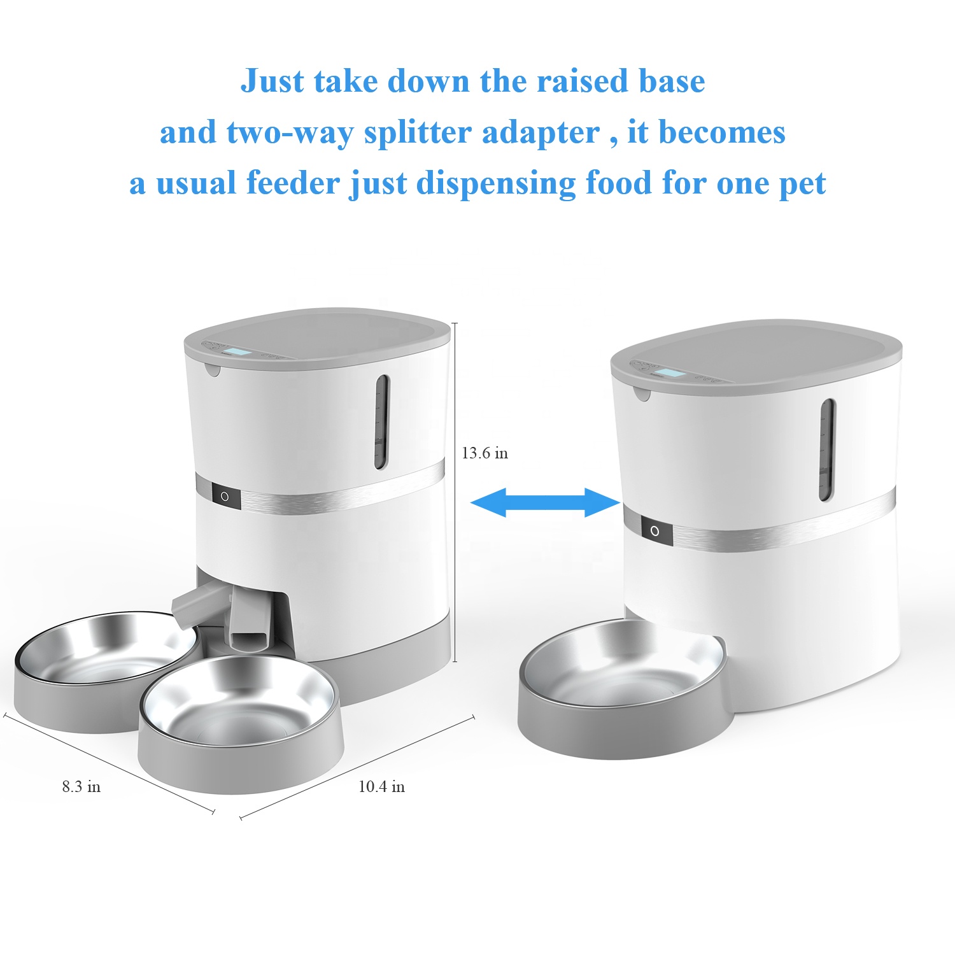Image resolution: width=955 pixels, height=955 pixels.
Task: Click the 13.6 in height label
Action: pos(485,453)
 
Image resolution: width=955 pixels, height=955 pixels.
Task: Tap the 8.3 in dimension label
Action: pos(81,787)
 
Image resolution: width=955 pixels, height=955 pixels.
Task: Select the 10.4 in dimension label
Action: pos(381,787)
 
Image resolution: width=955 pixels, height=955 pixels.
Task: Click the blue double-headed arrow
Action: pos(545,502)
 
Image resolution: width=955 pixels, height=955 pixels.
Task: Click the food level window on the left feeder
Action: pos(381,421)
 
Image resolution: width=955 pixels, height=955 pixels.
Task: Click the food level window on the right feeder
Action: pos(826,449)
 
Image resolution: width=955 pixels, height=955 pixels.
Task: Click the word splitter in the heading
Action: pos(417,132)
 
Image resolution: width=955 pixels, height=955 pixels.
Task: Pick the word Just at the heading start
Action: pos(272,81)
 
